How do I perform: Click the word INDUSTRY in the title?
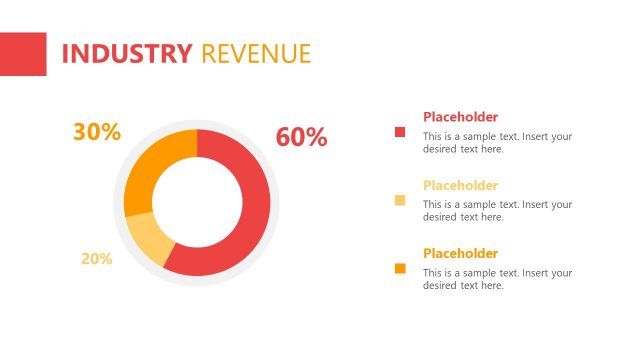(126, 54)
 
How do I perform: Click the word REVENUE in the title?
(256, 54)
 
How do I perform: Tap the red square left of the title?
(23, 54)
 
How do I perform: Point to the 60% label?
(301, 138)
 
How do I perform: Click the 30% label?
(97, 132)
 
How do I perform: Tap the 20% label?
(96, 259)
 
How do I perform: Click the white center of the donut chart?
(197, 202)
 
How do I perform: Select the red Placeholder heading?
(460, 117)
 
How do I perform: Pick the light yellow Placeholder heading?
(460, 185)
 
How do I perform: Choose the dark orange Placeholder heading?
(460, 253)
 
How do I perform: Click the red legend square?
(401, 132)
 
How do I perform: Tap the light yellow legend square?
(401, 200)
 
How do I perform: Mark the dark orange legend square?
(401, 268)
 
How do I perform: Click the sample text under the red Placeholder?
(497, 143)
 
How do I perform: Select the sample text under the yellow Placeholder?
(497, 211)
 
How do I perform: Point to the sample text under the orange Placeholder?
(497, 279)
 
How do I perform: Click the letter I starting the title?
(65, 54)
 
